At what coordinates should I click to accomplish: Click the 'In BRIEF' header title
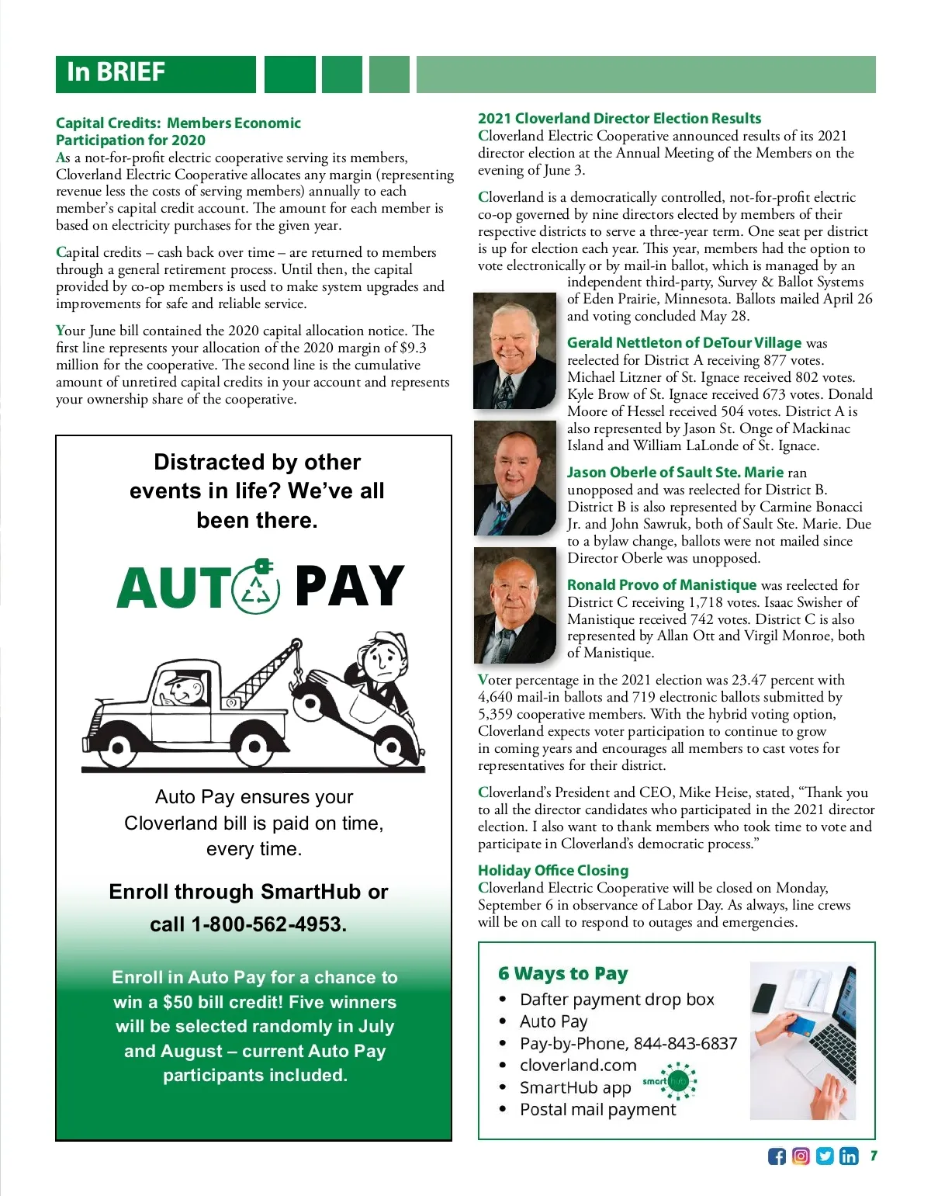coord(116,72)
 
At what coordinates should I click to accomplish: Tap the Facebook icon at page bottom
coord(777,1156)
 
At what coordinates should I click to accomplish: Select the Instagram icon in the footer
coord(801,1156)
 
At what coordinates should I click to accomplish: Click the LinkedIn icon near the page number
coord(849,1156)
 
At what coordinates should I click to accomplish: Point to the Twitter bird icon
coord(825,1156)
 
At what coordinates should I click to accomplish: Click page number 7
coord(874,1156)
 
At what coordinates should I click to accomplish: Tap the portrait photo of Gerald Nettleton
coord(514,351)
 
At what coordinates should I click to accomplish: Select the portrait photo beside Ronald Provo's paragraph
coord(514,605)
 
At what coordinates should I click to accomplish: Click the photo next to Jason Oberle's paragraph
coord(514,477)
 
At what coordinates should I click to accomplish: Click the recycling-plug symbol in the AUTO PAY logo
coord(257,588)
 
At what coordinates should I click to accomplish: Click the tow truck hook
coord(297,675)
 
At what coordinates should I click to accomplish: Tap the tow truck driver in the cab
coord(183,688)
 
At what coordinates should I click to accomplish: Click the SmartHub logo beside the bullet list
coord(670,1081)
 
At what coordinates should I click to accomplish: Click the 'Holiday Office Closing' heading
coord(553,870)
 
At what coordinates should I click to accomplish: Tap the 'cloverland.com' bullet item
coord(578,1066)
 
